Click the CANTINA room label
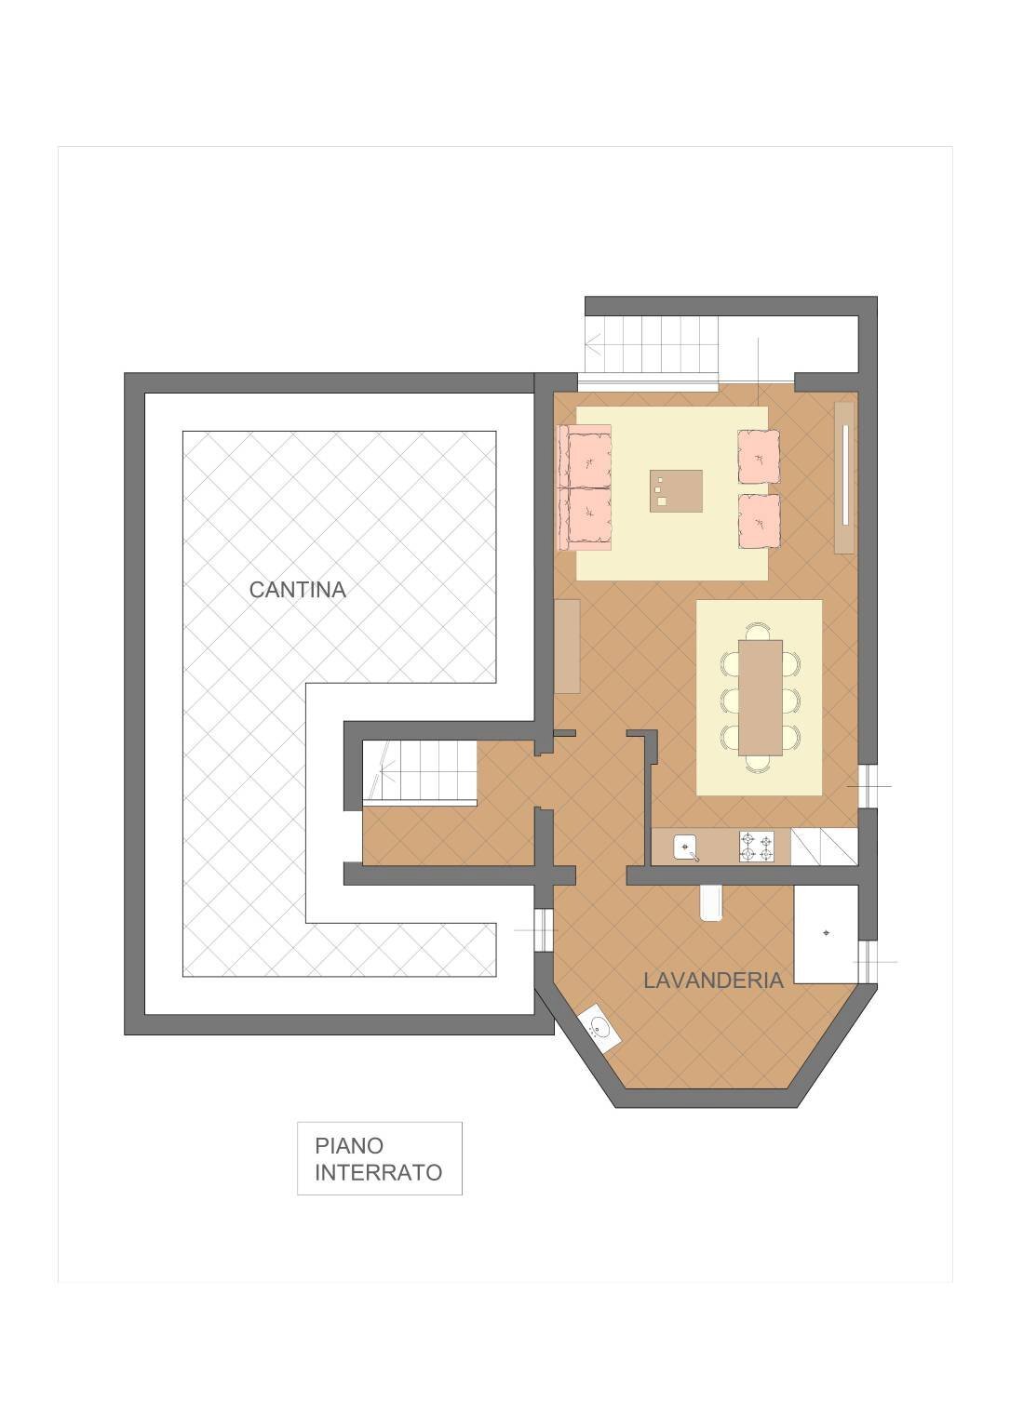(298, 590)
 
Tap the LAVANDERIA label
(713, 980)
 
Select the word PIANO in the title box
(349, 1146)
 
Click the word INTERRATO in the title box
(378, 1172)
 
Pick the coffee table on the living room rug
(676, 490)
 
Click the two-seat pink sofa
(586, 487)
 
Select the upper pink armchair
(759, 456)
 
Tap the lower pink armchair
(759, 521)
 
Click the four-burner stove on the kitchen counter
(757, 847)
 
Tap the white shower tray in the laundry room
(825, 934)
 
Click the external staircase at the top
(652, 346)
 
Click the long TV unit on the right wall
(844, 477)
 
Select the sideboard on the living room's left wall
(567, 646)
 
